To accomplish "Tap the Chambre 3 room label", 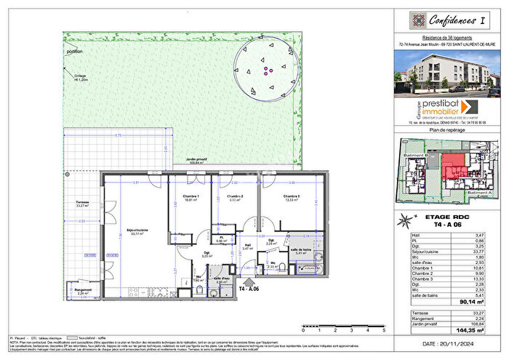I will pyautogui.click(x=292, y=198).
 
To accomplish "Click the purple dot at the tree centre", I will pyautogui.click(x=267, y=71).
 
